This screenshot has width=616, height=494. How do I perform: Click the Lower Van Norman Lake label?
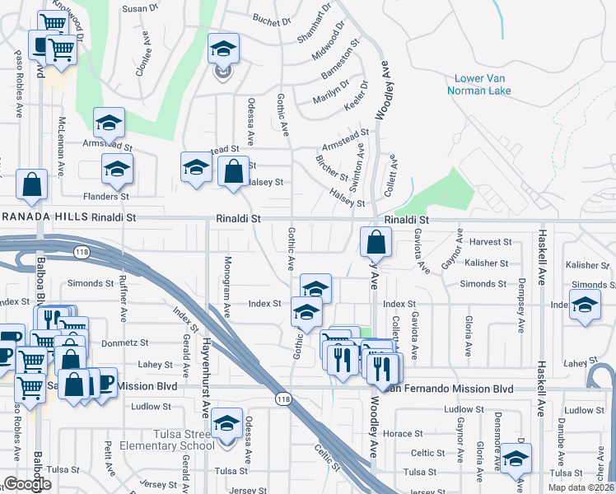[479, 85]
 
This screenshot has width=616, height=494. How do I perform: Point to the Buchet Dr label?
[273, 19]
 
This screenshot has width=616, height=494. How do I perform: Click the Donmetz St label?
[124, 343]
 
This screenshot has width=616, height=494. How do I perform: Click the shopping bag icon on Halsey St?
[234, 171]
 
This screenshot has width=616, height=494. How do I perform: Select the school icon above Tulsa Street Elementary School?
[226, 422]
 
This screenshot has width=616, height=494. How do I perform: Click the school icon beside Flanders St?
[117, 169]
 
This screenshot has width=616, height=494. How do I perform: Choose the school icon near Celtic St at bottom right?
[516, 459]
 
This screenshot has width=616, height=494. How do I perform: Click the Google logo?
[27, 484]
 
